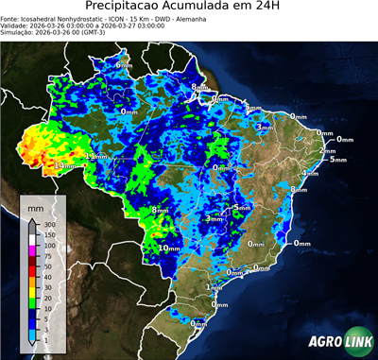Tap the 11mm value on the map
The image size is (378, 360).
point(95,155)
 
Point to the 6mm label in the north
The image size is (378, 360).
point(111,65)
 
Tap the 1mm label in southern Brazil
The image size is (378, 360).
point(214,286)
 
